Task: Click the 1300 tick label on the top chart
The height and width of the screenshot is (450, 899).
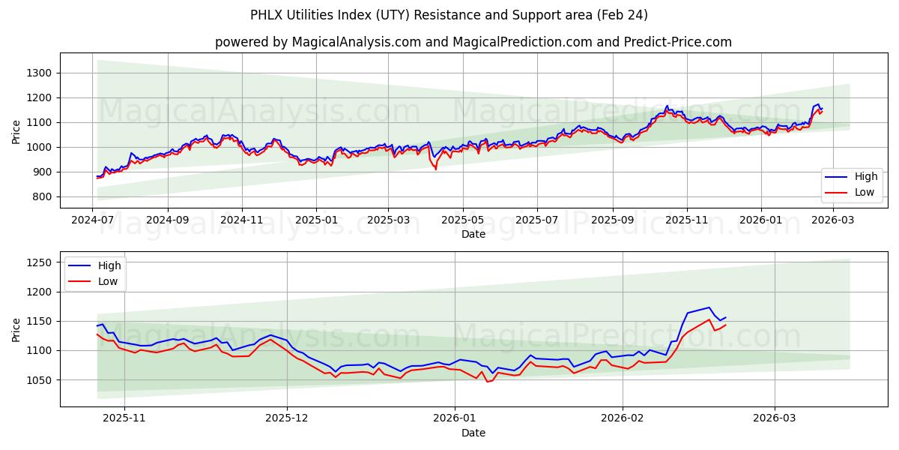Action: (x=40, y=73)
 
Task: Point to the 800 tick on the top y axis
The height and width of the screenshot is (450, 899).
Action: (x=43, y=197)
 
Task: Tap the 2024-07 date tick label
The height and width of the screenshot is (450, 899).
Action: (x=93, y=220)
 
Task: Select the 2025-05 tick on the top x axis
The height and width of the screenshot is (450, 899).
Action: (x=463, y=220)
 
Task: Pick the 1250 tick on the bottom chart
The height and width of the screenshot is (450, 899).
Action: (x=40, y=262)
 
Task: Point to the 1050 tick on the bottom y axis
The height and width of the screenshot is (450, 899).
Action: (x=40, y=380)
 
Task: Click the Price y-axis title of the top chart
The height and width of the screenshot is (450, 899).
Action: (x=16, y=131)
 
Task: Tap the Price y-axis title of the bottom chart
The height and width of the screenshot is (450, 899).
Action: (x=16, y=329)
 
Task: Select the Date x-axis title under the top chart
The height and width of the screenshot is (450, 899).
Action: (x=473, y=234)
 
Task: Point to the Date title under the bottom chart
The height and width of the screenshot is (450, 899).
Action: (x=473, y=433)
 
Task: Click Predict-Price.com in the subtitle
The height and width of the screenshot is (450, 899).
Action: (x=678, y=42)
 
